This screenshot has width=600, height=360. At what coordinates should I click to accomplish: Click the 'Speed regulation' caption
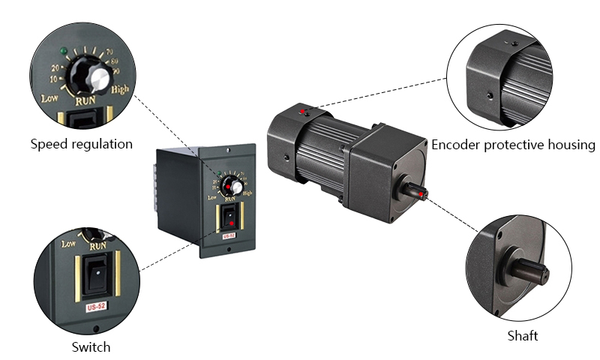tap(81, 144)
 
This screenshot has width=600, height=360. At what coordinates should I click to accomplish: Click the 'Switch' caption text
tap(91, 346)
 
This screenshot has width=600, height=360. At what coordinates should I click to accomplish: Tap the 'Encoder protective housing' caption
tap(513, 144)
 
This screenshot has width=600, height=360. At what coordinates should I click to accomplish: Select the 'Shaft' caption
tap(523, 335)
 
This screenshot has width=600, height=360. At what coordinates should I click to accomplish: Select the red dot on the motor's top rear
tap(303, 112)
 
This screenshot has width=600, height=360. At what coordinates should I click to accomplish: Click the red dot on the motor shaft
tap(423, 195)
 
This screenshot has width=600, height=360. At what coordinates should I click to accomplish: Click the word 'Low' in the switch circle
tap(69, 243)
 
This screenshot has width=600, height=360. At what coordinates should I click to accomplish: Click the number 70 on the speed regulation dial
tap(109, 51)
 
